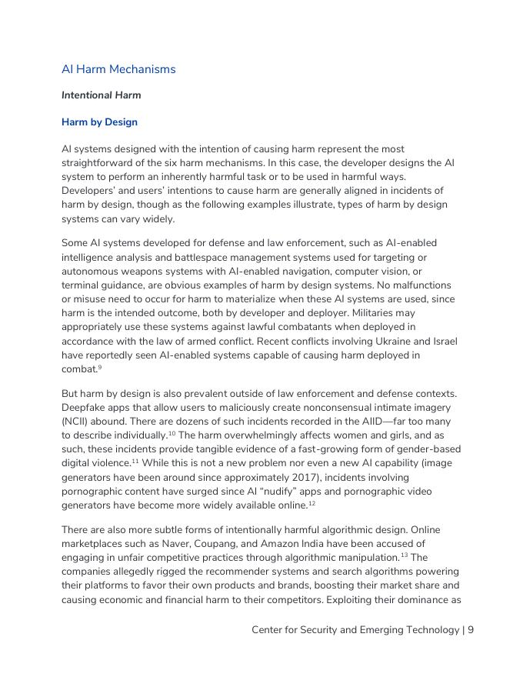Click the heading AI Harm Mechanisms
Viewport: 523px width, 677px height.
pos(118,69)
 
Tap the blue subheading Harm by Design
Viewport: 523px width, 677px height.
pos(99,122)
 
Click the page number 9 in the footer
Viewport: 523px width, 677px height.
pos(470,630)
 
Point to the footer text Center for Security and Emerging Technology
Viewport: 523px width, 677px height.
pos(355,630)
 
